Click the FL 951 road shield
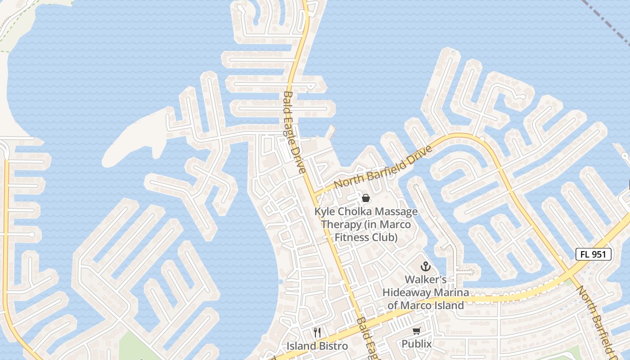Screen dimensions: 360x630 coord(594,254)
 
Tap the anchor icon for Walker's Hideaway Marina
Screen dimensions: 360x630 coord(425,266)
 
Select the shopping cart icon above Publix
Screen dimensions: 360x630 coord(417,332)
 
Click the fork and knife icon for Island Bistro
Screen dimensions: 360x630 coord(317,333)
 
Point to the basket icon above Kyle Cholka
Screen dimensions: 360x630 coord(366,198)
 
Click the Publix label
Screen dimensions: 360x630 coord(417,344)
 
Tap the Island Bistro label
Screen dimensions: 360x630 coord(317,346)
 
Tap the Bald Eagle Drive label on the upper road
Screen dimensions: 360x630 coord(294,132)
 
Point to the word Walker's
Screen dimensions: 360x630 coord(425,279)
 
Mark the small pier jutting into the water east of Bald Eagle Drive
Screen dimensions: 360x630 coord(332,131)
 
